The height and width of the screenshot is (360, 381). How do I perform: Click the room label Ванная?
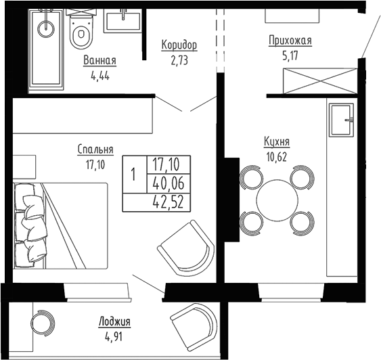[x=99, y=61]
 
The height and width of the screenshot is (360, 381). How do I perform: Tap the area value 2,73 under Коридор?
[x=179, y=59]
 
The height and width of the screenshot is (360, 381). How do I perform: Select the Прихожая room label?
[x=290, y=41]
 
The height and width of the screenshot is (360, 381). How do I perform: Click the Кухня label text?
[x=277, y=142]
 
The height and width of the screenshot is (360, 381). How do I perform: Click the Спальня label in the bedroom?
[x=95, y=150]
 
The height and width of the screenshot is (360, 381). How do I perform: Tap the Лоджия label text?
[x=114, y=321]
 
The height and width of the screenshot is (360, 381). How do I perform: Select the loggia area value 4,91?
[x=114, y=334]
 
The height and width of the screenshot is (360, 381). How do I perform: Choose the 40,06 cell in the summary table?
[x=171, y=183]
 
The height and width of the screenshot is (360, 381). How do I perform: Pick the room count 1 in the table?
[x=133, y=174]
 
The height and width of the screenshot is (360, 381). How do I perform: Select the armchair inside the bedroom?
[x=181, y=248]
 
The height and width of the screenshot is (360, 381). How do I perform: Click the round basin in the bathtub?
[x=47, y=28]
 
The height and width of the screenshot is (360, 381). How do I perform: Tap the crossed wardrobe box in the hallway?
[x=312, y=81]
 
